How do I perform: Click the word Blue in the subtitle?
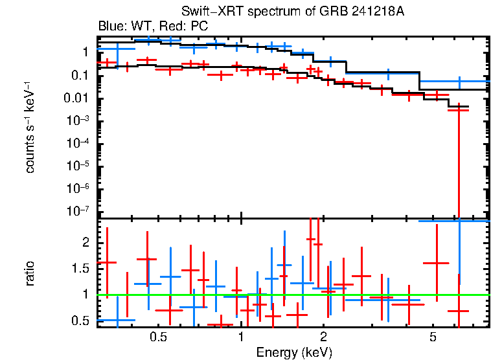point(109,27)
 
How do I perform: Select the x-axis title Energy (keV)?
point(293,352)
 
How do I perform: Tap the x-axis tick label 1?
point(241,337)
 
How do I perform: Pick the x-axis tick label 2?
point(323,337)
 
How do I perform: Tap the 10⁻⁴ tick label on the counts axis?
point(79,143)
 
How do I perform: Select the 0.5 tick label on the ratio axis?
point(80,321)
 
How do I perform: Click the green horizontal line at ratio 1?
point(291,295)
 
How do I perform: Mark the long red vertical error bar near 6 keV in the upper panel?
point(459,162)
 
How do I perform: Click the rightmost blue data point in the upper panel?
point(459,82)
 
